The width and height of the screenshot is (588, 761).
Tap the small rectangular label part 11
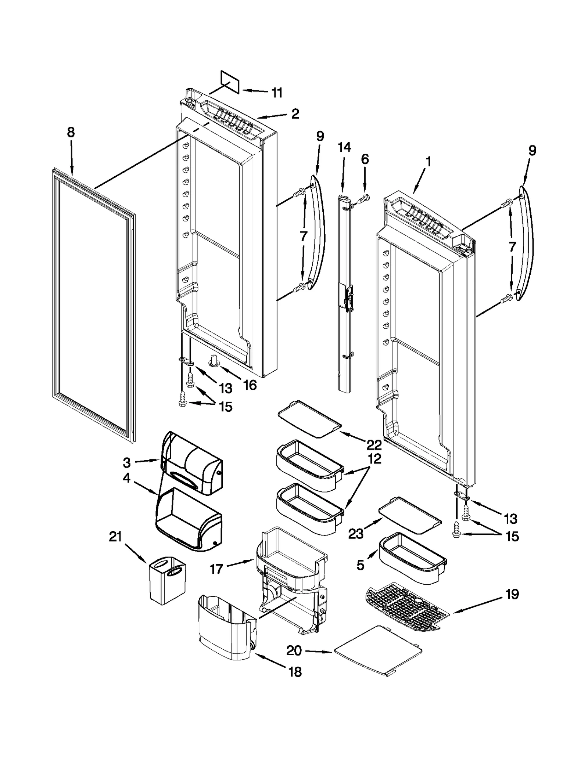(230, 82)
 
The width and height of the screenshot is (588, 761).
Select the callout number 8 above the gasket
(71, 132)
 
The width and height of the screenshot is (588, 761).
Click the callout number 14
(344, 147)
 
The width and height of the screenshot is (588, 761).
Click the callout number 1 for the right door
(428, 162)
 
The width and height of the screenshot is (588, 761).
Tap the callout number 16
(250, 385)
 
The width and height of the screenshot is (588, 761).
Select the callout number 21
(115, 537)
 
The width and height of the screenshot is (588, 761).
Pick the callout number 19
(512, 594)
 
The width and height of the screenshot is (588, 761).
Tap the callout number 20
(294, 650)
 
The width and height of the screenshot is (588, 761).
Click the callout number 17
(216, 569)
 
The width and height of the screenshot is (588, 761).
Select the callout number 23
(356, 533)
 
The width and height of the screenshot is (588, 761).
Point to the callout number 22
(374, 445)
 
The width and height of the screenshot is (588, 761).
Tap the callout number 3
(127, 462)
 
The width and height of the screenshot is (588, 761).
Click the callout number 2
(295, 114)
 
